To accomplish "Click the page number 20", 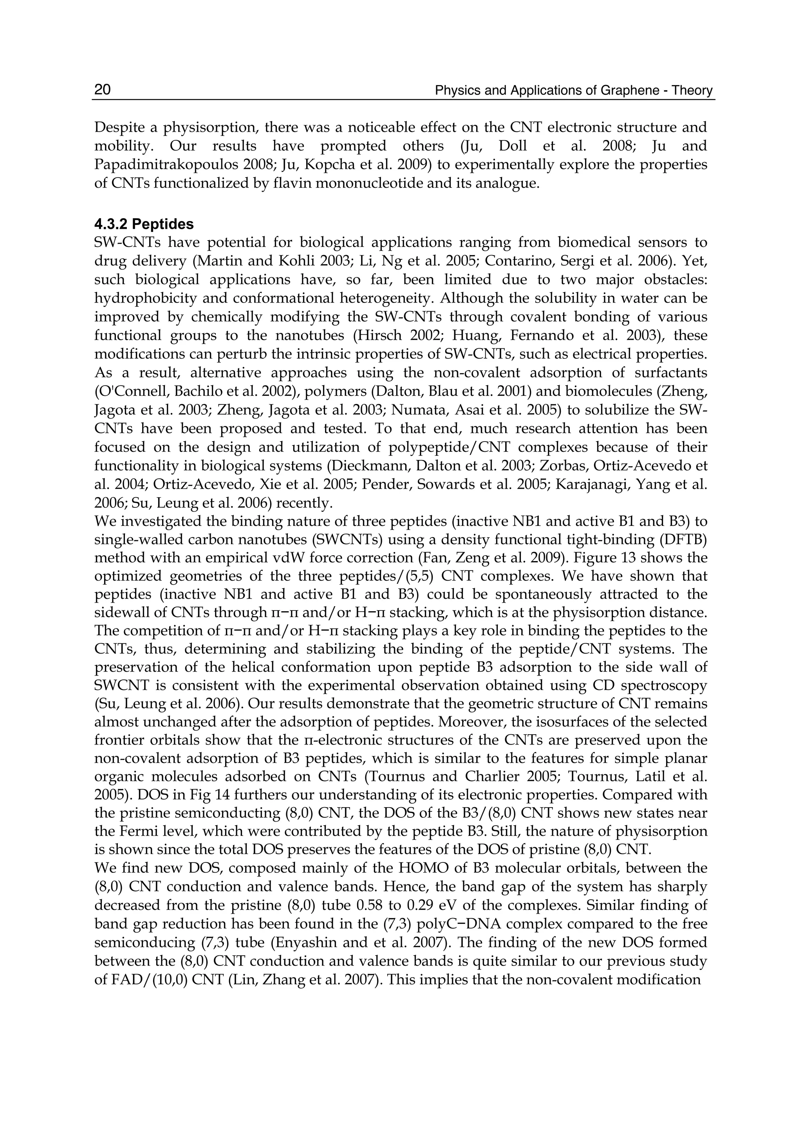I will pos(102,89).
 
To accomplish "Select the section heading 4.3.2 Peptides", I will pos(144,225).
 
